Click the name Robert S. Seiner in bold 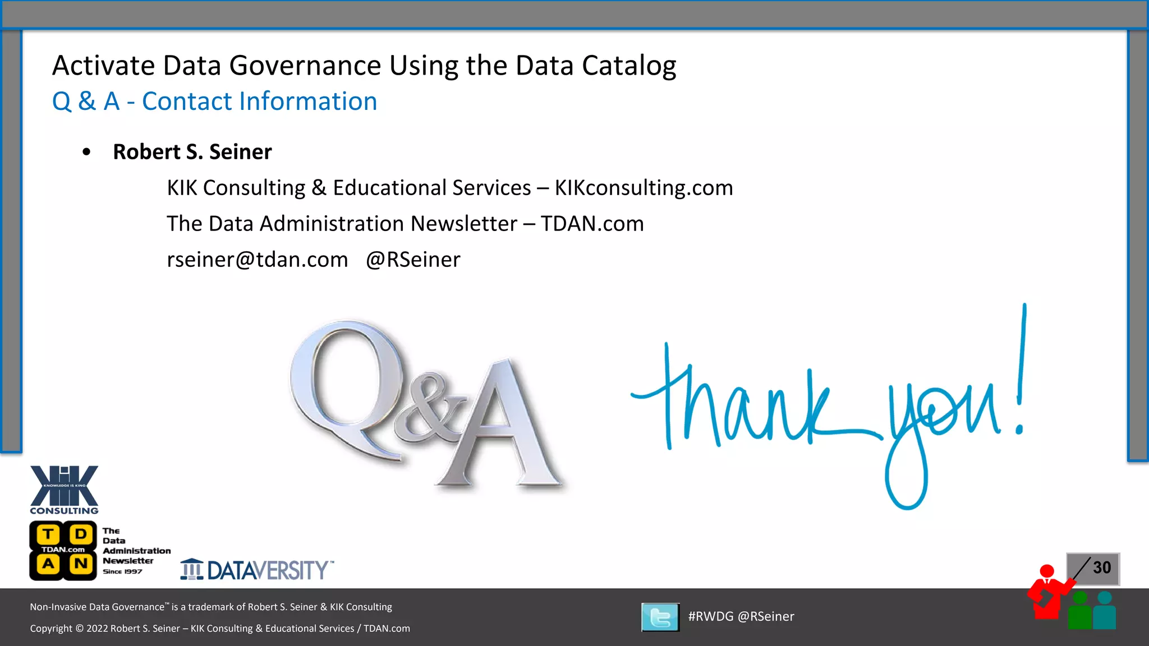pyautogui.click(x=192, y=152)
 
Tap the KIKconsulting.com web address pyautogui.click(x=644, y=188)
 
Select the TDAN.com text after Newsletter pyautogui.click(x=592, y=224)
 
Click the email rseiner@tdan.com pyautogui.click(x=257, y=260)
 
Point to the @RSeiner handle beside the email pyautogui.click(x=413, y=260)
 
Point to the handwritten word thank pyautogui.click(x=746, y=404)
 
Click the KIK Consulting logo pyautogui.click(x=64, y=490)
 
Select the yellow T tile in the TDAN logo pyautogui.click(x=49, y=534)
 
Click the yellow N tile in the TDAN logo pyautogui.click(x=81, y=564)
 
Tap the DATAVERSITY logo pyautogui.click(x=257, y=570)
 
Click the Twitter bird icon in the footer pyautogui.click(x=660, y=617)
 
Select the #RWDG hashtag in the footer pyautogui.click(x=710, y=616)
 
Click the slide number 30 pyautogui.click(x=1101, y=567)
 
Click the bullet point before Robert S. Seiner pyautogui.click(x=86, y=152)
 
